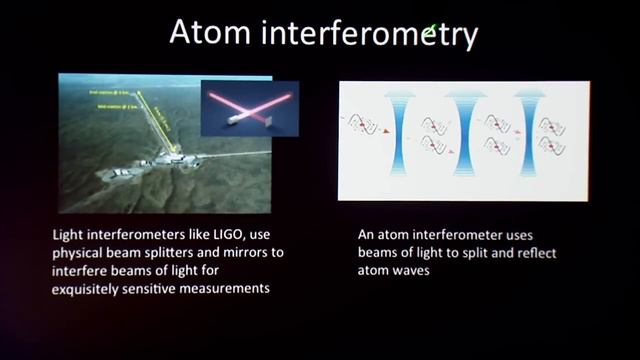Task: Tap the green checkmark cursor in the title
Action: tap(431, 32)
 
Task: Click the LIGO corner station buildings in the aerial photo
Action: tap(160, 160)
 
